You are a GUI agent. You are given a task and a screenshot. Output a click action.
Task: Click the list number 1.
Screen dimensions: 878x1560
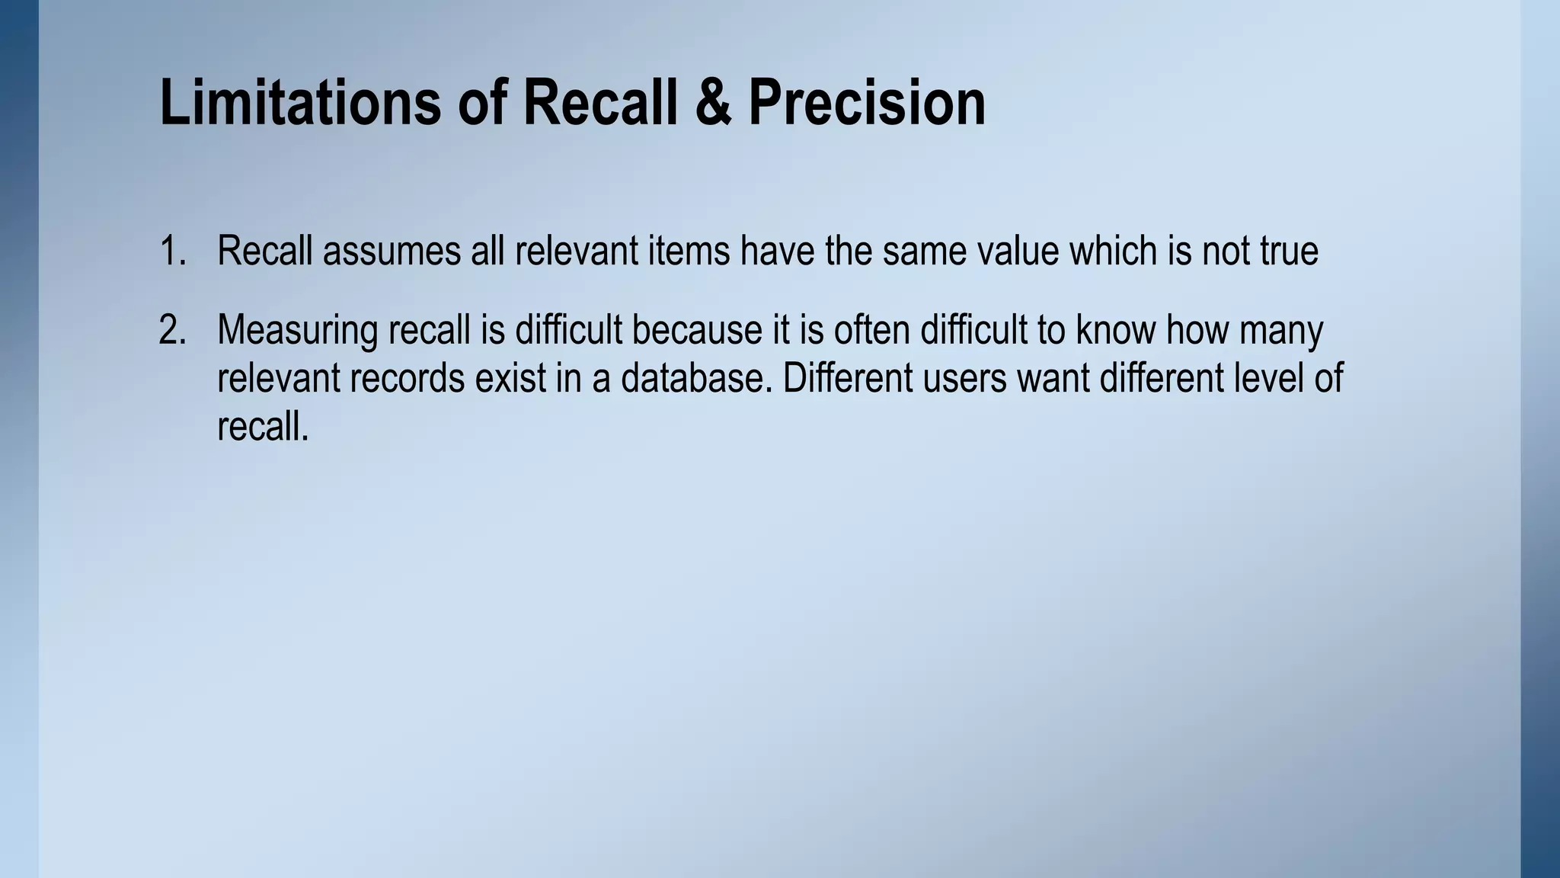pos(172,251)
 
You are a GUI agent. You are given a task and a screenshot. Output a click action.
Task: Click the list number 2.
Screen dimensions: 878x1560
pos(172,331)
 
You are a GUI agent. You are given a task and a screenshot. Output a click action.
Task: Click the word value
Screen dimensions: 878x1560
pos(1019,251)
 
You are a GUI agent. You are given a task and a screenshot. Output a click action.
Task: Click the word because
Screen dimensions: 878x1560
pos(696,331)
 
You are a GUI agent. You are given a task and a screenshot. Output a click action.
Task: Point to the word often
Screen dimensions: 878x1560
pos(871,331)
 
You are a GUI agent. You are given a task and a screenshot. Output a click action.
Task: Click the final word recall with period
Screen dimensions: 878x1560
pos(263,426)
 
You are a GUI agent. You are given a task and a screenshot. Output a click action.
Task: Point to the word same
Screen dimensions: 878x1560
pos(922,251)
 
